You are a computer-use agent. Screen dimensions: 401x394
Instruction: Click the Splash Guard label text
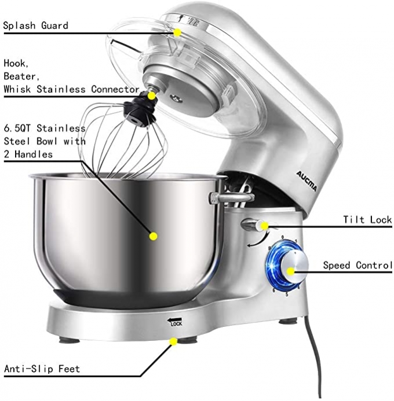pyautogui.click(x=36, y=25)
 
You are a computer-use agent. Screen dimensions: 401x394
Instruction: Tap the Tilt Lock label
pyautogui.click(x=367, y=220)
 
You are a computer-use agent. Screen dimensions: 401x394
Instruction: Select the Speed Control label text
pyautogui.click(x=357, y=266)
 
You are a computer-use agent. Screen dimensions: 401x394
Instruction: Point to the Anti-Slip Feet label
pyautogui.click(x=42, y=369)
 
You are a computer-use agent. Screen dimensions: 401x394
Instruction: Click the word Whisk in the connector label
pyautogui.click(x=28, y=89)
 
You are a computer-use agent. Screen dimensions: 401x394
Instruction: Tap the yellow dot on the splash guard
pyautogui.click(x=178, y=32)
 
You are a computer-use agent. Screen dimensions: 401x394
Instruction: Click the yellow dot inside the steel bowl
pyautogui.click(x=154, y=236)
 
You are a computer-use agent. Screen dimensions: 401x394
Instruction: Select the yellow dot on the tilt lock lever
pyautogui.click(x=264, y=226)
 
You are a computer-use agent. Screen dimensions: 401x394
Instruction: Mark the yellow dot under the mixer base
pyautogui.click(x=172, y=342)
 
